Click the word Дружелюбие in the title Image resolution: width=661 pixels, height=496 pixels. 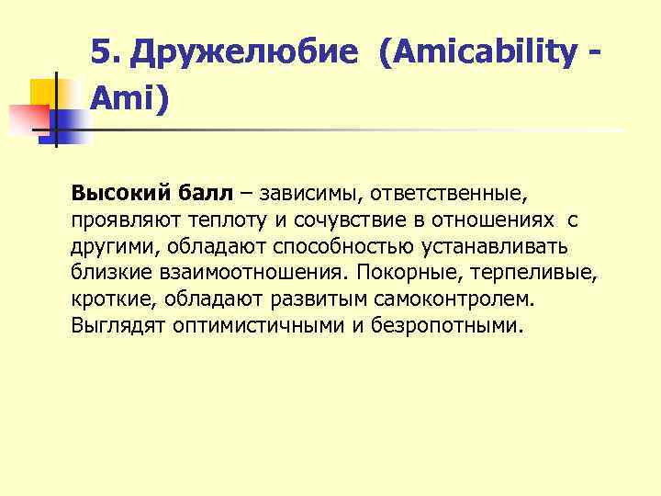pyautogui.click(x=241, y=54)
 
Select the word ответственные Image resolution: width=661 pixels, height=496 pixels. pyautogui.click(x=446, y=195)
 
